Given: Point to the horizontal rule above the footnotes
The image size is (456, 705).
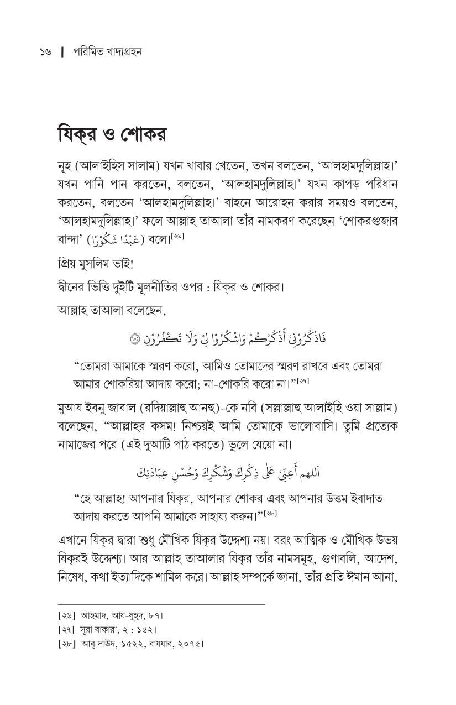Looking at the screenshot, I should pos(161,604).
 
